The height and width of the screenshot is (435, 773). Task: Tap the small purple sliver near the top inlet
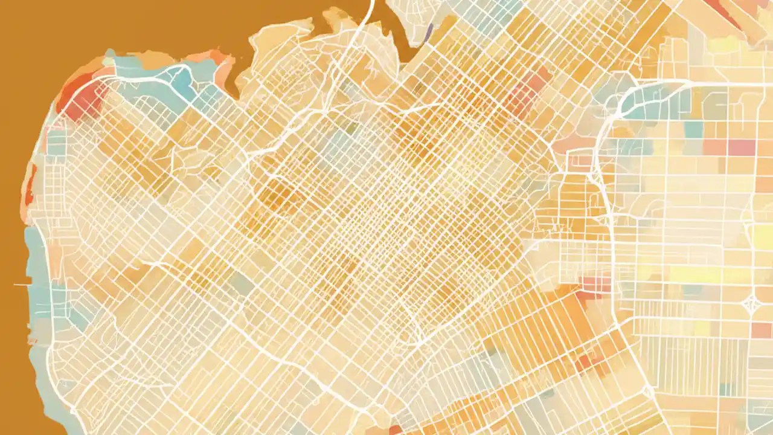click(428, 31)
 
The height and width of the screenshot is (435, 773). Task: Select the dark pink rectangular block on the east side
click(742, 147)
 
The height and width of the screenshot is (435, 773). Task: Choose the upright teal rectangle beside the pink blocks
click(694, 129)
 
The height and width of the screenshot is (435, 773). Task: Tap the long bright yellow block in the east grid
click(694, 275)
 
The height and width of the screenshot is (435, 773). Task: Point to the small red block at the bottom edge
click(396, 430)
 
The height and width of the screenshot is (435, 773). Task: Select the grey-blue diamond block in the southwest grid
click(242, 284)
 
